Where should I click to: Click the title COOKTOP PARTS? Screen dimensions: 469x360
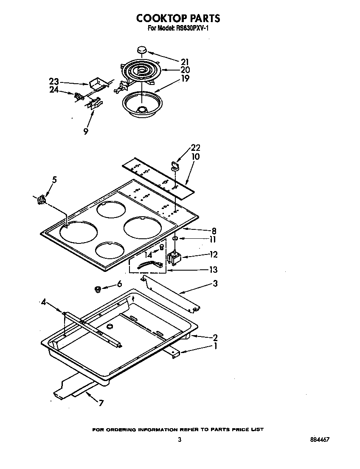click(x=178, y=18)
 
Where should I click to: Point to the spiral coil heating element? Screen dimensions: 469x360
click(x=140, y=72)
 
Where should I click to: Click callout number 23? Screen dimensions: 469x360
click(x=53, y=81)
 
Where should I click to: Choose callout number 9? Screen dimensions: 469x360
click(x=86, y=132)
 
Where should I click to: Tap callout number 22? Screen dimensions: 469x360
click(x=196, y=148)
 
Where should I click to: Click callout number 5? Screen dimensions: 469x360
click(x=54, y=179)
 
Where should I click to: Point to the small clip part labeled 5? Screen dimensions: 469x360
click(x=42, y=199)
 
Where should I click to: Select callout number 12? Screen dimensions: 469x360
click(x=214, y=254)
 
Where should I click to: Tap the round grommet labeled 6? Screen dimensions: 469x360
click(x=98, y=290)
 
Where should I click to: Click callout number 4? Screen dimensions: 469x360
click(x=43, y=302)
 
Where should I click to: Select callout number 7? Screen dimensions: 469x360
click(x=101, y=403)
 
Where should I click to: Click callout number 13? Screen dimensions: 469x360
click(x=214, y=269)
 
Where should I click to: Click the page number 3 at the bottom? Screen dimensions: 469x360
click(x=180, y=440)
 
